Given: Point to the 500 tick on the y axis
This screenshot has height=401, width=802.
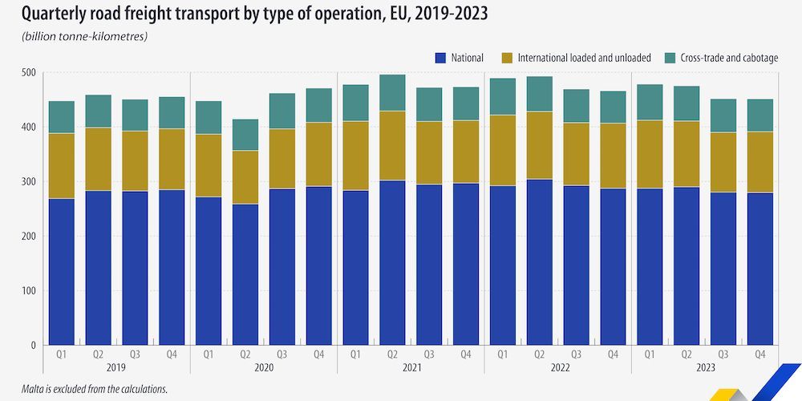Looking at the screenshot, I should click(x=28, y=73).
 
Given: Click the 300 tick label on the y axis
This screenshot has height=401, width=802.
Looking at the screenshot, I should click(x=28, y=182).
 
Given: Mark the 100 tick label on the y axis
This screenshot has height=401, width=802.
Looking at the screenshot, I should click(x=28, y=291).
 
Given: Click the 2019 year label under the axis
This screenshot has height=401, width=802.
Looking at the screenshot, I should click(x=116, y=368).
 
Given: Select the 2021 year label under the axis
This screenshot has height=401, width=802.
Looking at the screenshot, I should click(x=411, y=368).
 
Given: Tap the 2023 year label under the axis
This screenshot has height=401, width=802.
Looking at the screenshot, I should click(x=705, y=368).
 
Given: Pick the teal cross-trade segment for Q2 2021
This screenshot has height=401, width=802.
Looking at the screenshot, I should click(x=392, y=92).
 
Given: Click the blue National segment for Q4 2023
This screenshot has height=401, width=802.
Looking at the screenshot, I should click(x=760, y=269).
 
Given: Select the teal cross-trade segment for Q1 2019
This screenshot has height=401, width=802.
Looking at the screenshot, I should click(x=62, y=117).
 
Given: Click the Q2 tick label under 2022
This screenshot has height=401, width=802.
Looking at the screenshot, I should click(x=540, y=354).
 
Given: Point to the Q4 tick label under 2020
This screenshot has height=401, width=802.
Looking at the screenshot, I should click(x=319, y=354).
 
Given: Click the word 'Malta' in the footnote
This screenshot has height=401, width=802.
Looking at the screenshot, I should click(x=23, y=389).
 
